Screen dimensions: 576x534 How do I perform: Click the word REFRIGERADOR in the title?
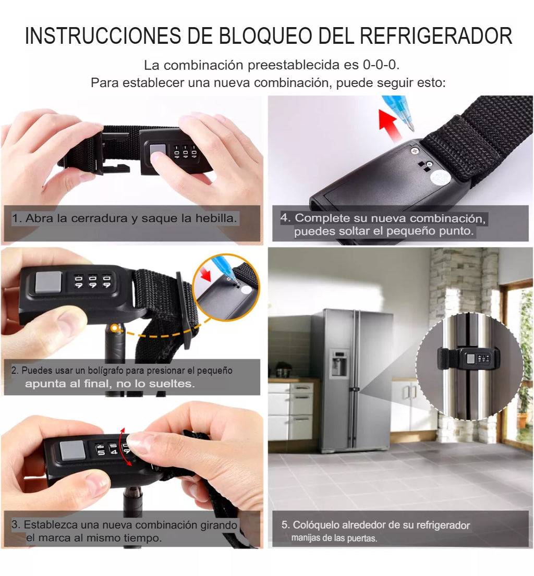(x=436, y=36)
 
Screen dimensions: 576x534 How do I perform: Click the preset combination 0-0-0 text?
(x=383, y=66)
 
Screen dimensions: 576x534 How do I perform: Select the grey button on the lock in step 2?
(x=47, y=282)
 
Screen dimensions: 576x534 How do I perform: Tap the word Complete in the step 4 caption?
(x=318, y=218)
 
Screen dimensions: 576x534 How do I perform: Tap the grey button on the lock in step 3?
(x=72, y=450)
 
